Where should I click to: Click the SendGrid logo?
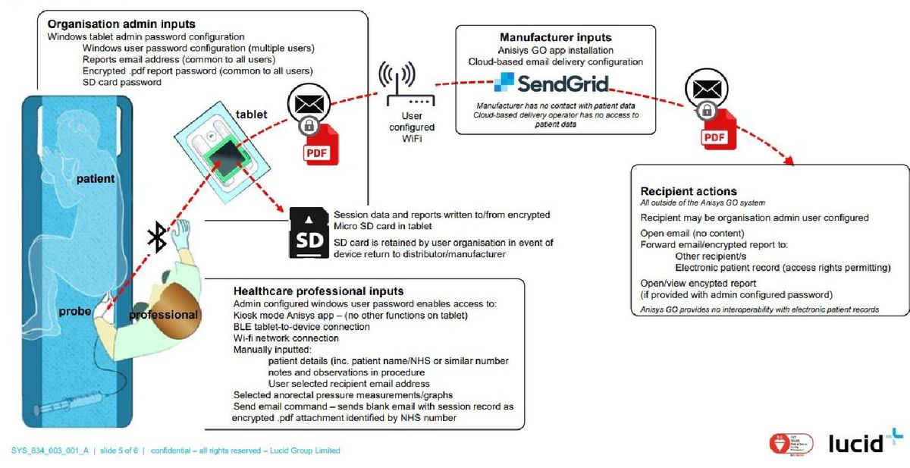click(551, 82)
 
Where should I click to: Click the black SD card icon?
click(308, 234)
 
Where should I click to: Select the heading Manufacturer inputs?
click(555, 37)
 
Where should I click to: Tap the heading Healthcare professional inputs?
click(318, 291)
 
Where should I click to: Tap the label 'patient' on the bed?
click(95, 179)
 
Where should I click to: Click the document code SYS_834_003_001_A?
click(49, 451)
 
